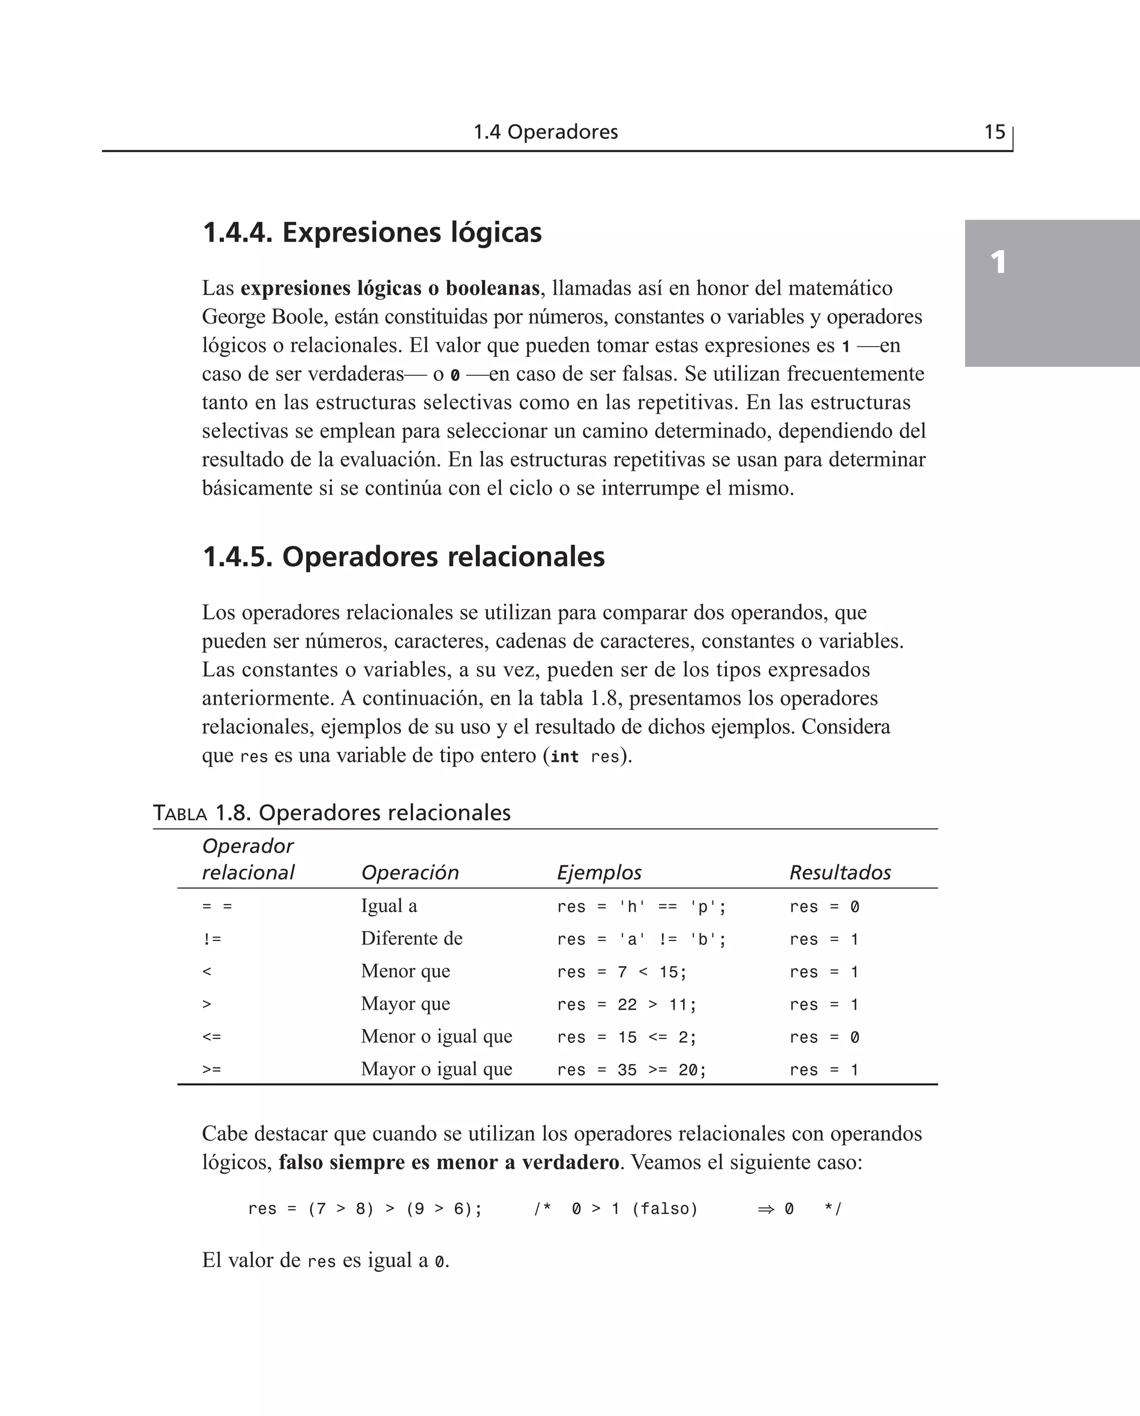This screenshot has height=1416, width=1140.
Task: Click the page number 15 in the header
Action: pyautogui.click(x=994, y=132)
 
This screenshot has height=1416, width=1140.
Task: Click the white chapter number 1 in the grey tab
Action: pyautogui.click(x=998, y=263)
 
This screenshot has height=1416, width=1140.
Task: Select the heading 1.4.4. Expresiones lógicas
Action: pyautogui.click(x=372, y=233)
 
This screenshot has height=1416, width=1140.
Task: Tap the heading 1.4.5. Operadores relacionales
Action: pyautogui.click(x=403, y=557)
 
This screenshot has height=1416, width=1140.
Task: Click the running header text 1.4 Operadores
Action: pyautogui.click(x=546, y=132)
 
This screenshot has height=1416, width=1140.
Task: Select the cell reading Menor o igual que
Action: pyautogui.click(x=436, y=1036)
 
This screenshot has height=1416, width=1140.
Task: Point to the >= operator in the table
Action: pyautogui.click(x=212, y=1070)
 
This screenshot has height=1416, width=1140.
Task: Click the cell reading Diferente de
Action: pyautogui.click(x=411, y=939)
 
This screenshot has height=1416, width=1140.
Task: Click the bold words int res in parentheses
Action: pyautogui.click(x=584, y=757)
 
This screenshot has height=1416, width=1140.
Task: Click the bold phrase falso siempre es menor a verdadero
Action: pyautogui.click(x=449, y=1163)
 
